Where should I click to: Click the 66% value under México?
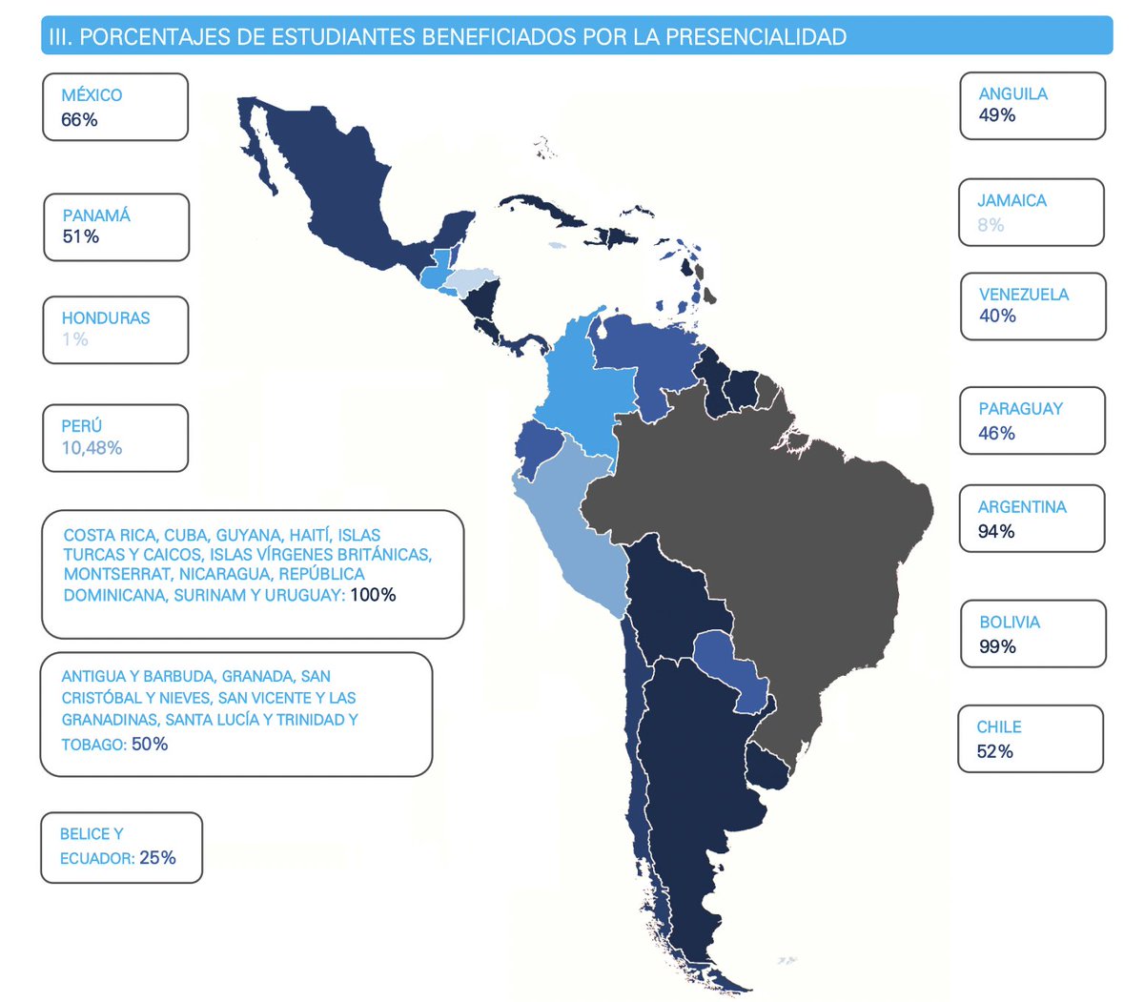pos(79,120)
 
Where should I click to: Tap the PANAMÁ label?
pos(96,215)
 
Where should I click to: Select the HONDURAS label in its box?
pos(106,318)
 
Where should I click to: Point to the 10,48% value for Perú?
pos(92,448)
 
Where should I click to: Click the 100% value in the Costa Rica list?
pos(373,595)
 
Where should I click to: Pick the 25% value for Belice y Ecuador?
pos(157,858)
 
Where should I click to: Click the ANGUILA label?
pos(1012,94)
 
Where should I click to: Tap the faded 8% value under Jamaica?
pos(991,225)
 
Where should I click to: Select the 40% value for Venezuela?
pos(997,317)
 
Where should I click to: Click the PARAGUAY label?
pos(1020,409)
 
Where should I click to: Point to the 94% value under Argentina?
pos(996,532)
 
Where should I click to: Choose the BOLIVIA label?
pos(1010,623)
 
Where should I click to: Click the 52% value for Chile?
pos(994,752)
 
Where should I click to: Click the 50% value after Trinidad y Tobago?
pos(150,745)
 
